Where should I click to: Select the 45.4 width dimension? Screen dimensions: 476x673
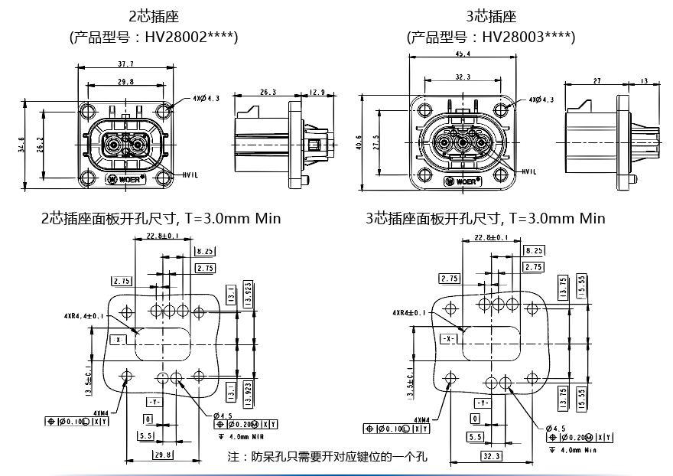tap(462, 54)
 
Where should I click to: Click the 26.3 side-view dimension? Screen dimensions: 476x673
tap(268, 92)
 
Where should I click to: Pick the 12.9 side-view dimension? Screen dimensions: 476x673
tap(317, 92)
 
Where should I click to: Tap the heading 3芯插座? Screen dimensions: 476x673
tap(491, 16)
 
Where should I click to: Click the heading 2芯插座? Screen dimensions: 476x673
tap(154, 16)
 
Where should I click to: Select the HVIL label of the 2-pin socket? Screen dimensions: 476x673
tap(191, 175)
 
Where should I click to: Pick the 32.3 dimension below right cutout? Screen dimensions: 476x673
tap(492, 456)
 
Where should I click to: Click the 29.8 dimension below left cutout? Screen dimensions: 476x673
tap(163, 455)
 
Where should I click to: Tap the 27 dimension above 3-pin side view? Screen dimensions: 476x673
tap(597, 80)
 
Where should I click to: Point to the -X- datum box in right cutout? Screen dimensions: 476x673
tap(449, 337)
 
